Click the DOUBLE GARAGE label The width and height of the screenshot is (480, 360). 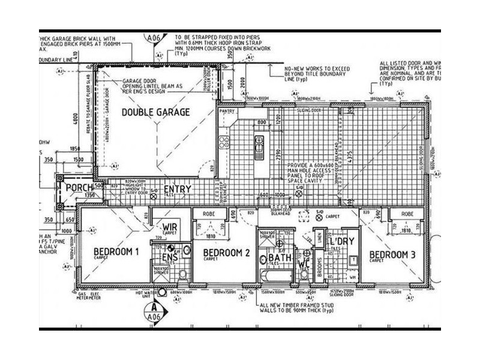click(x=155, y=112)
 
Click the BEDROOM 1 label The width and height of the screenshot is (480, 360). click(x=116, y=252)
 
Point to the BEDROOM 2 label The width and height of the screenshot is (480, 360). click(x=226, y=252)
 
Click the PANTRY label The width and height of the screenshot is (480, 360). click(x=227, y=112)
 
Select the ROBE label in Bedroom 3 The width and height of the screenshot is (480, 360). click(x=407, y=214)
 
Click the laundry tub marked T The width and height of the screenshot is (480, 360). click(x=353, y=259)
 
